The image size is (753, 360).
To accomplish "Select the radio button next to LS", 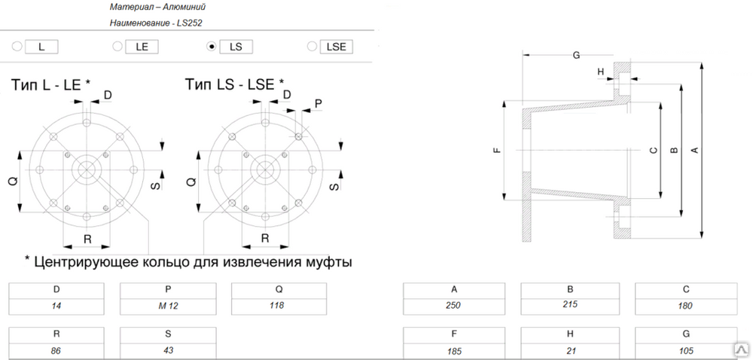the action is tap(211, 47).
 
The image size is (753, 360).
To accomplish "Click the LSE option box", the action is tap(336, 47).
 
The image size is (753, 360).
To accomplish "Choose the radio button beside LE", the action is tap(117, 47).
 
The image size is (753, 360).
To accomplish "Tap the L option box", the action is tap(41, 47).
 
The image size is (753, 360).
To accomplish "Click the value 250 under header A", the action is tap(453, 306).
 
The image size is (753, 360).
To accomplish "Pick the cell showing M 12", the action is tap(168, 306).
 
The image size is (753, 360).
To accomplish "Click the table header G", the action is tap(686, 334).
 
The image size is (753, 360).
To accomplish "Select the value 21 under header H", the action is tap(570, 351).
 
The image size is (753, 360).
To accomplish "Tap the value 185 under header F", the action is tap(454, 352).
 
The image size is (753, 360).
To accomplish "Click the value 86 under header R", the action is tap(56, 351).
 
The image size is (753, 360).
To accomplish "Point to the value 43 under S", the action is tap(168, 350).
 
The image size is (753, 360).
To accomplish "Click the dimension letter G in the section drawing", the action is tap(576, 55).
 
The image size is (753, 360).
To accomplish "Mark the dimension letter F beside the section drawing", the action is tap(497, 150).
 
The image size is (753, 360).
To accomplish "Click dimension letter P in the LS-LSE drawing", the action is tap(318, 103).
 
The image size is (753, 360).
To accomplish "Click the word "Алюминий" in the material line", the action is tap(185, 8).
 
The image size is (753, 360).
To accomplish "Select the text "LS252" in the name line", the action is tap(190, 23).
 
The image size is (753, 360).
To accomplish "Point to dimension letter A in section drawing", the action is tap(694, 150).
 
